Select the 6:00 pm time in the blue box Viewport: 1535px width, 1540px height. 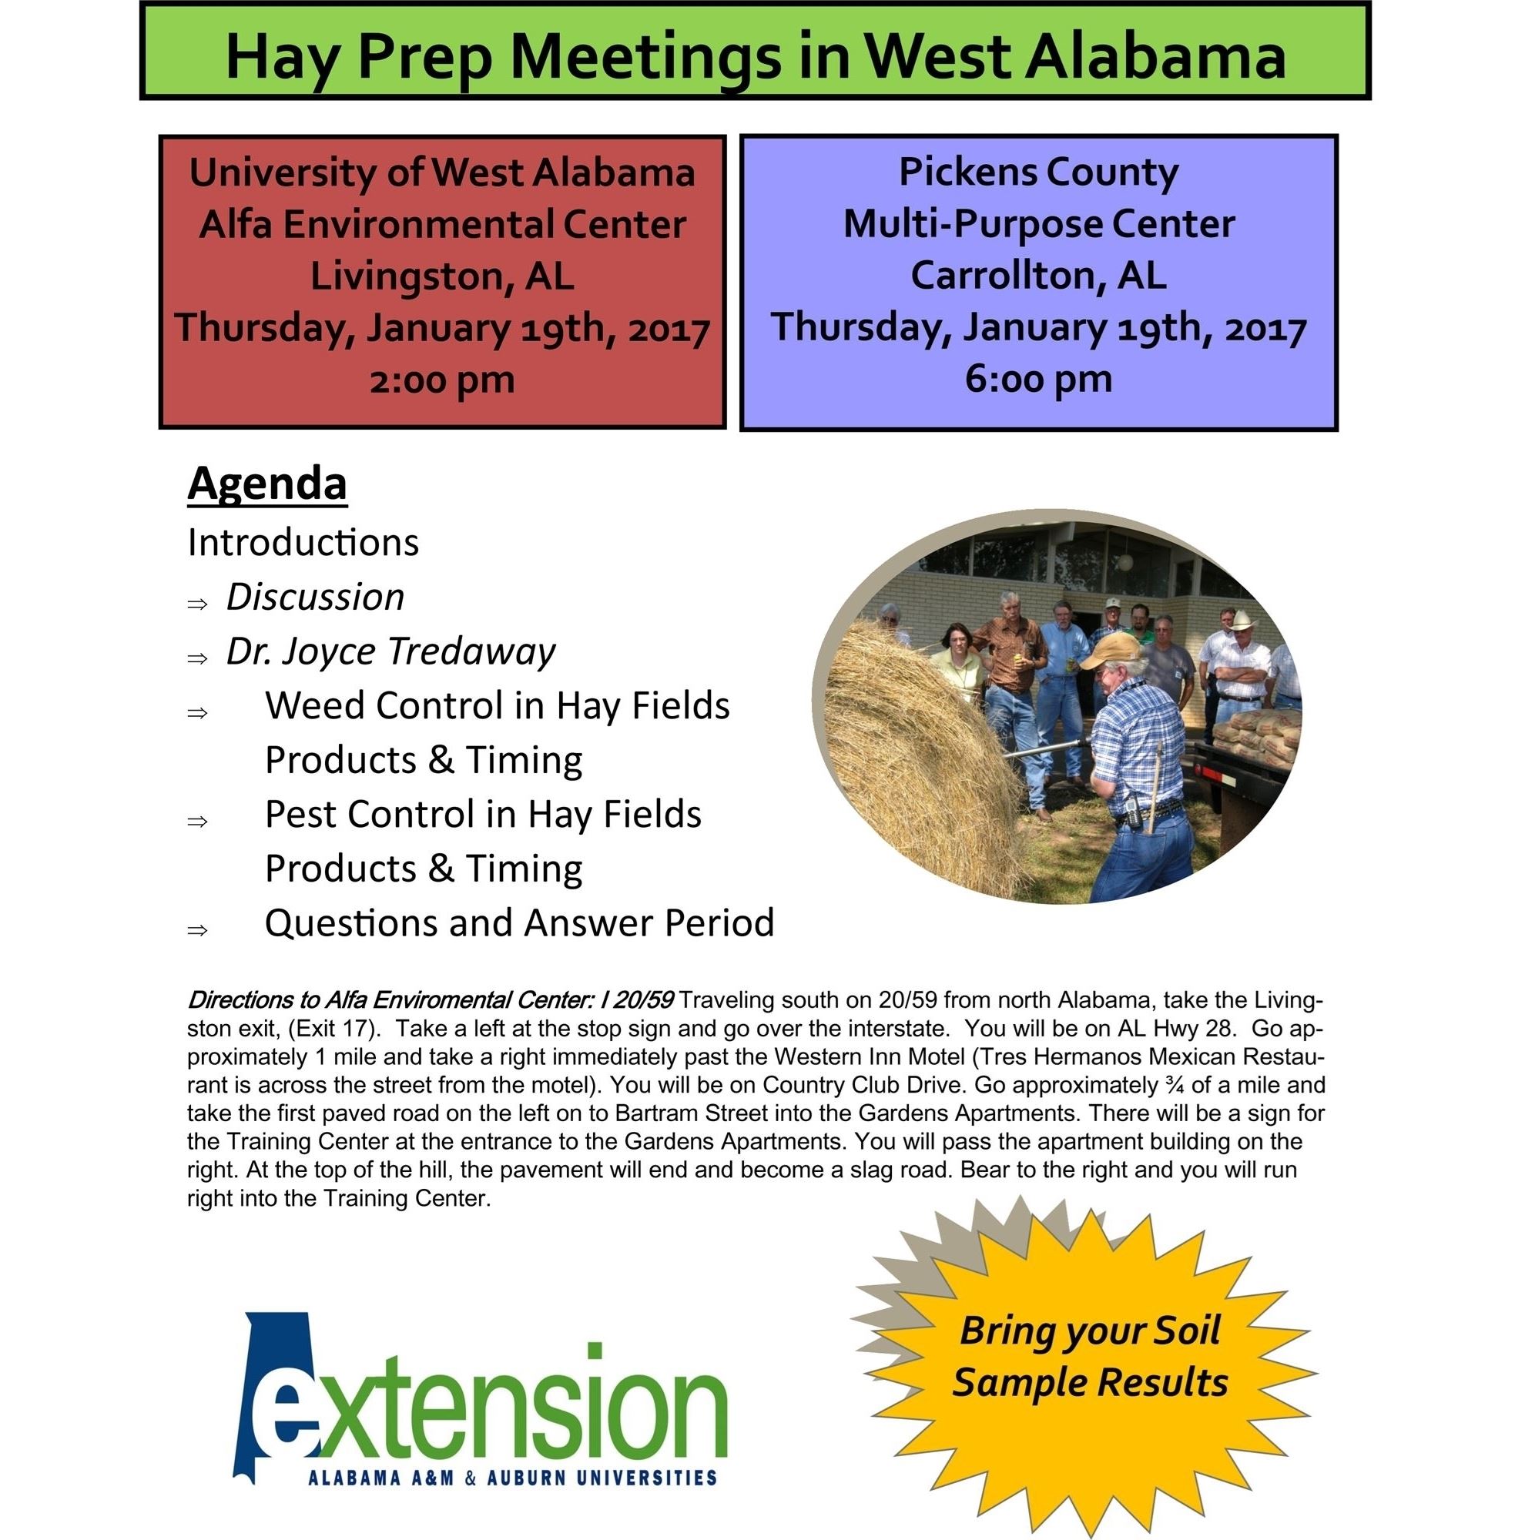(x=1038, y=379)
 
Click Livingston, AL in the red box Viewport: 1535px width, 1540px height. (x=442, y=276)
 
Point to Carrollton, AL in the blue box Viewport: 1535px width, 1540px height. (x=1038, y=276)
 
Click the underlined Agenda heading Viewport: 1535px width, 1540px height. (x=267, y=484)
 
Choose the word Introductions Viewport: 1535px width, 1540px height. (x=303, y=543)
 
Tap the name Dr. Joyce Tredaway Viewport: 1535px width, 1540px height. (x=390, y=651)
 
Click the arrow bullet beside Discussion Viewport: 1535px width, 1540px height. (x=197, y=604)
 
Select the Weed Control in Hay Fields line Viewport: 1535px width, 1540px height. (x=497, y=705)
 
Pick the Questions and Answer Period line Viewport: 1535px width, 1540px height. (x=519, y=923)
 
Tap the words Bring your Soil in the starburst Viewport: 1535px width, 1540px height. (x=1090, y=1331)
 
